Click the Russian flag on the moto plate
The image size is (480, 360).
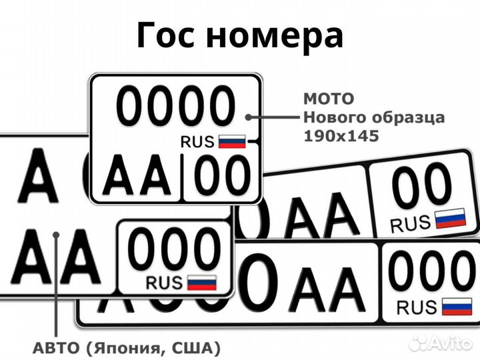[233, 141]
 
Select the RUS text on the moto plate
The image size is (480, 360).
[197, 141]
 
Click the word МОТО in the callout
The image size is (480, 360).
[329, 99]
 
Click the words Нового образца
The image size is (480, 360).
[374, 117]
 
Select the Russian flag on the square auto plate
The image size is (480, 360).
[201, 282]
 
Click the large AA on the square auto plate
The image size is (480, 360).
[56, 257]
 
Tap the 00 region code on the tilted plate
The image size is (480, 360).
[421, 187]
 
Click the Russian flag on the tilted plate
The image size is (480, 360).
[450, 219]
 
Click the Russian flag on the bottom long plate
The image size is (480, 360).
[457, 306]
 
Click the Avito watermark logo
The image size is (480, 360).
[440, 343]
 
